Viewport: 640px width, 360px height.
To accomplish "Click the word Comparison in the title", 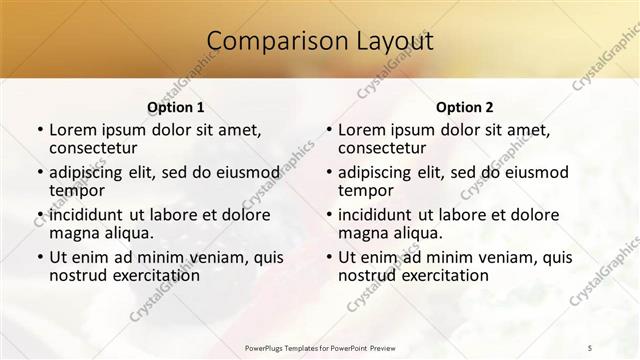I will (x=268, y=42).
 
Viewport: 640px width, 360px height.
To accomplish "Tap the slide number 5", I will (x=591, y=348).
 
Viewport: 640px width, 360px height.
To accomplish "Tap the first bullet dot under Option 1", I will (x=40, y=130).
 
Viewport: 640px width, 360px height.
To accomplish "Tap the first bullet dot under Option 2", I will (x=329, y=130).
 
